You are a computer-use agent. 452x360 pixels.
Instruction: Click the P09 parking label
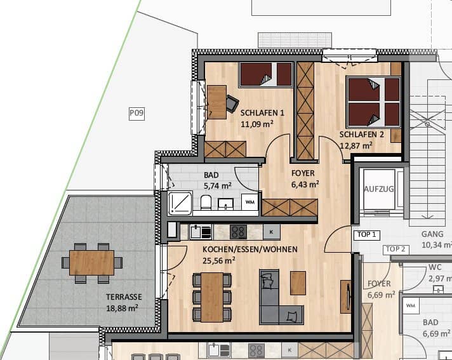point(136,113)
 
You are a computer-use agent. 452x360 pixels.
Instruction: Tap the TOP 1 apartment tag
point(367,235)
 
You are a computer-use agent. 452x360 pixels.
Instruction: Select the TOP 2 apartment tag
point(395,250)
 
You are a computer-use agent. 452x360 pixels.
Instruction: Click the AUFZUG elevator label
point(379,189)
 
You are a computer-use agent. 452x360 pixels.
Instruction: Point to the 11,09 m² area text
point(257,124)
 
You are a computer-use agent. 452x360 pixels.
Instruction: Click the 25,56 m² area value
point(219,260)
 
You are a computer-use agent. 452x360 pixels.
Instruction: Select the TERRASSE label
point(124,297)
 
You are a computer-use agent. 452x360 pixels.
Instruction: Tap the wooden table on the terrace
point(91,263)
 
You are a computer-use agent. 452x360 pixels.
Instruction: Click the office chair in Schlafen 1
point(232,103)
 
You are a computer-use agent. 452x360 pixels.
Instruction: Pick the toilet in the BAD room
point(206,202)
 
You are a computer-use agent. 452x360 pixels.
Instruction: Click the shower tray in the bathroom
point(180,203)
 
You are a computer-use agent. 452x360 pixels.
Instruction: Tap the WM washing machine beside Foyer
point(249,202)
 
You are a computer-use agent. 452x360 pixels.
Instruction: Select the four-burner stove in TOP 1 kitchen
point(239,232)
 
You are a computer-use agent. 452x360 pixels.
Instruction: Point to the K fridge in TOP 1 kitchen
point(272,232)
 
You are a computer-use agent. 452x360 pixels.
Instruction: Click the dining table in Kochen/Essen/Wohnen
point(212,297)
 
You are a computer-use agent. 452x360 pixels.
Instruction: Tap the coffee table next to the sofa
point(298,283)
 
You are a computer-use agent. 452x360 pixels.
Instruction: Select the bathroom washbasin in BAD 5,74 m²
point(226,204)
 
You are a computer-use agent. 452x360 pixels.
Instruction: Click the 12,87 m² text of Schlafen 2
point(356,145)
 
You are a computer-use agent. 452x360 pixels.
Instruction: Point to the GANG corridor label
point(432,234)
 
